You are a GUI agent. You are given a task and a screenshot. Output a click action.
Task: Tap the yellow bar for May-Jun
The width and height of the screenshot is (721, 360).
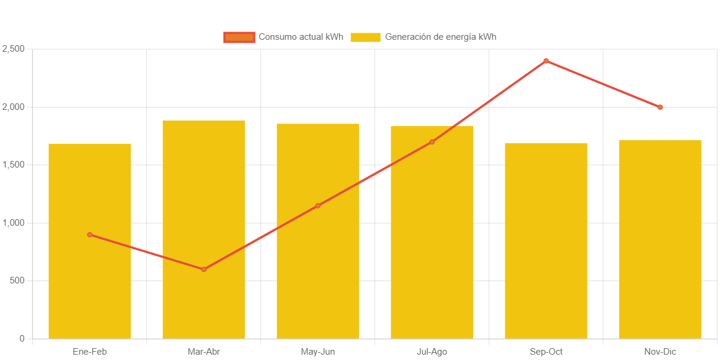click(317, 267)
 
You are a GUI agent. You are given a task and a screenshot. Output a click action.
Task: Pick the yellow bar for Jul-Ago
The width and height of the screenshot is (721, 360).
click(432, 238)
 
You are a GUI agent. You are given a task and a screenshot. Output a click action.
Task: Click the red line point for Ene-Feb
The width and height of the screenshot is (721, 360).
click(90, 235)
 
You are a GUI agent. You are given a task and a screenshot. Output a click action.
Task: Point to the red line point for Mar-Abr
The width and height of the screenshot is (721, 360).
click(204, 269)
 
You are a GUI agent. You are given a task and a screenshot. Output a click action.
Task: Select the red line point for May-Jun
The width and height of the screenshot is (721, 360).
click(318, 206)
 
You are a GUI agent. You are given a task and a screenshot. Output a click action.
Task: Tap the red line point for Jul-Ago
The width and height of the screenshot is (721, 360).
click(432, 142)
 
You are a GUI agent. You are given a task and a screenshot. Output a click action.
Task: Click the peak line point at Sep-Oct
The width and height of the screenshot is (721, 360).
click(546, 61)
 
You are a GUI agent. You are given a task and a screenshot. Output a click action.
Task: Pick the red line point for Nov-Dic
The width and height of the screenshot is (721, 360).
click(660, 108)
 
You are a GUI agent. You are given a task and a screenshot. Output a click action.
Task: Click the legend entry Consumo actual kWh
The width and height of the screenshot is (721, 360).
click(284, 37)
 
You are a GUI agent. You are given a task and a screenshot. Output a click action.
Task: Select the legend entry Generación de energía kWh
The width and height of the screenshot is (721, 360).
click(423, 37)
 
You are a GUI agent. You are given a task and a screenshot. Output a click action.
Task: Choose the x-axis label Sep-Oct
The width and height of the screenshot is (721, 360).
click(546, 352)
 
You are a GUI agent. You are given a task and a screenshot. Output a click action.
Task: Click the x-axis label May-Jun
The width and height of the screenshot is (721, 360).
click(317, 352)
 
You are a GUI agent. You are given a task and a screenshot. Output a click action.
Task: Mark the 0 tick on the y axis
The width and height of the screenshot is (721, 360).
click(21, 339)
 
